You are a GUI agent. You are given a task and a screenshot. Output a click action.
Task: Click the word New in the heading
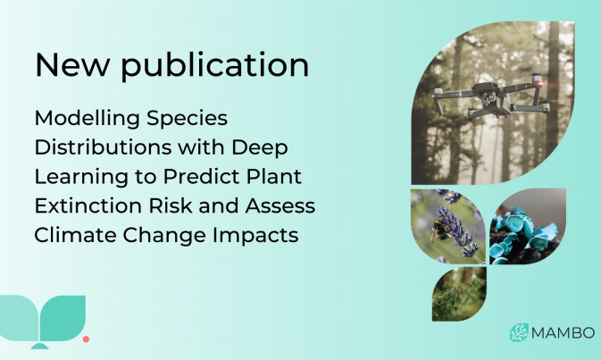[72, 65]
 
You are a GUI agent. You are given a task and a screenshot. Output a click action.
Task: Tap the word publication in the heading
[215, 65]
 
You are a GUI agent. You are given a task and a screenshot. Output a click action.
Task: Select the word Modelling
[87, 119]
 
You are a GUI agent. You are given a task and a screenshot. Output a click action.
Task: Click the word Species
[187, 119]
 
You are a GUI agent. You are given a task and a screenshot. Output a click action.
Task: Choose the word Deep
[260, 148]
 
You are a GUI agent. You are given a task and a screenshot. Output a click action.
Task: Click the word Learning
[81, 177]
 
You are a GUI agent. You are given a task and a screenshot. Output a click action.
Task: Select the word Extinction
[88, 205]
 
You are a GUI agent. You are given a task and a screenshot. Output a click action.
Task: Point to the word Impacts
[255, 236]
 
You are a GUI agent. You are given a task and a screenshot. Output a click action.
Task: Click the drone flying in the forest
[492, 97]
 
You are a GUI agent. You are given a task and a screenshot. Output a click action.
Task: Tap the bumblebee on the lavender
[439, 230]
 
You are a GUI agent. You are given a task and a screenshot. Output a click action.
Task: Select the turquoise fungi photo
[528, 227]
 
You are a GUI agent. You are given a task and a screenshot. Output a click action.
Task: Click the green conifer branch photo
[459, 294]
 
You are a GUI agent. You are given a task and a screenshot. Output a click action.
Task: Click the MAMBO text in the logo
[563, 333]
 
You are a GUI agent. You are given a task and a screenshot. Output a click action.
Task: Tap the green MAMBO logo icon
[519, 332]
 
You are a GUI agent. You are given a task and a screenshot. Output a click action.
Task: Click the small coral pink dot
[87, 339]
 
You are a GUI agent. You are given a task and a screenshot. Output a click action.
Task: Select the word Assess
[280, 205]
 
